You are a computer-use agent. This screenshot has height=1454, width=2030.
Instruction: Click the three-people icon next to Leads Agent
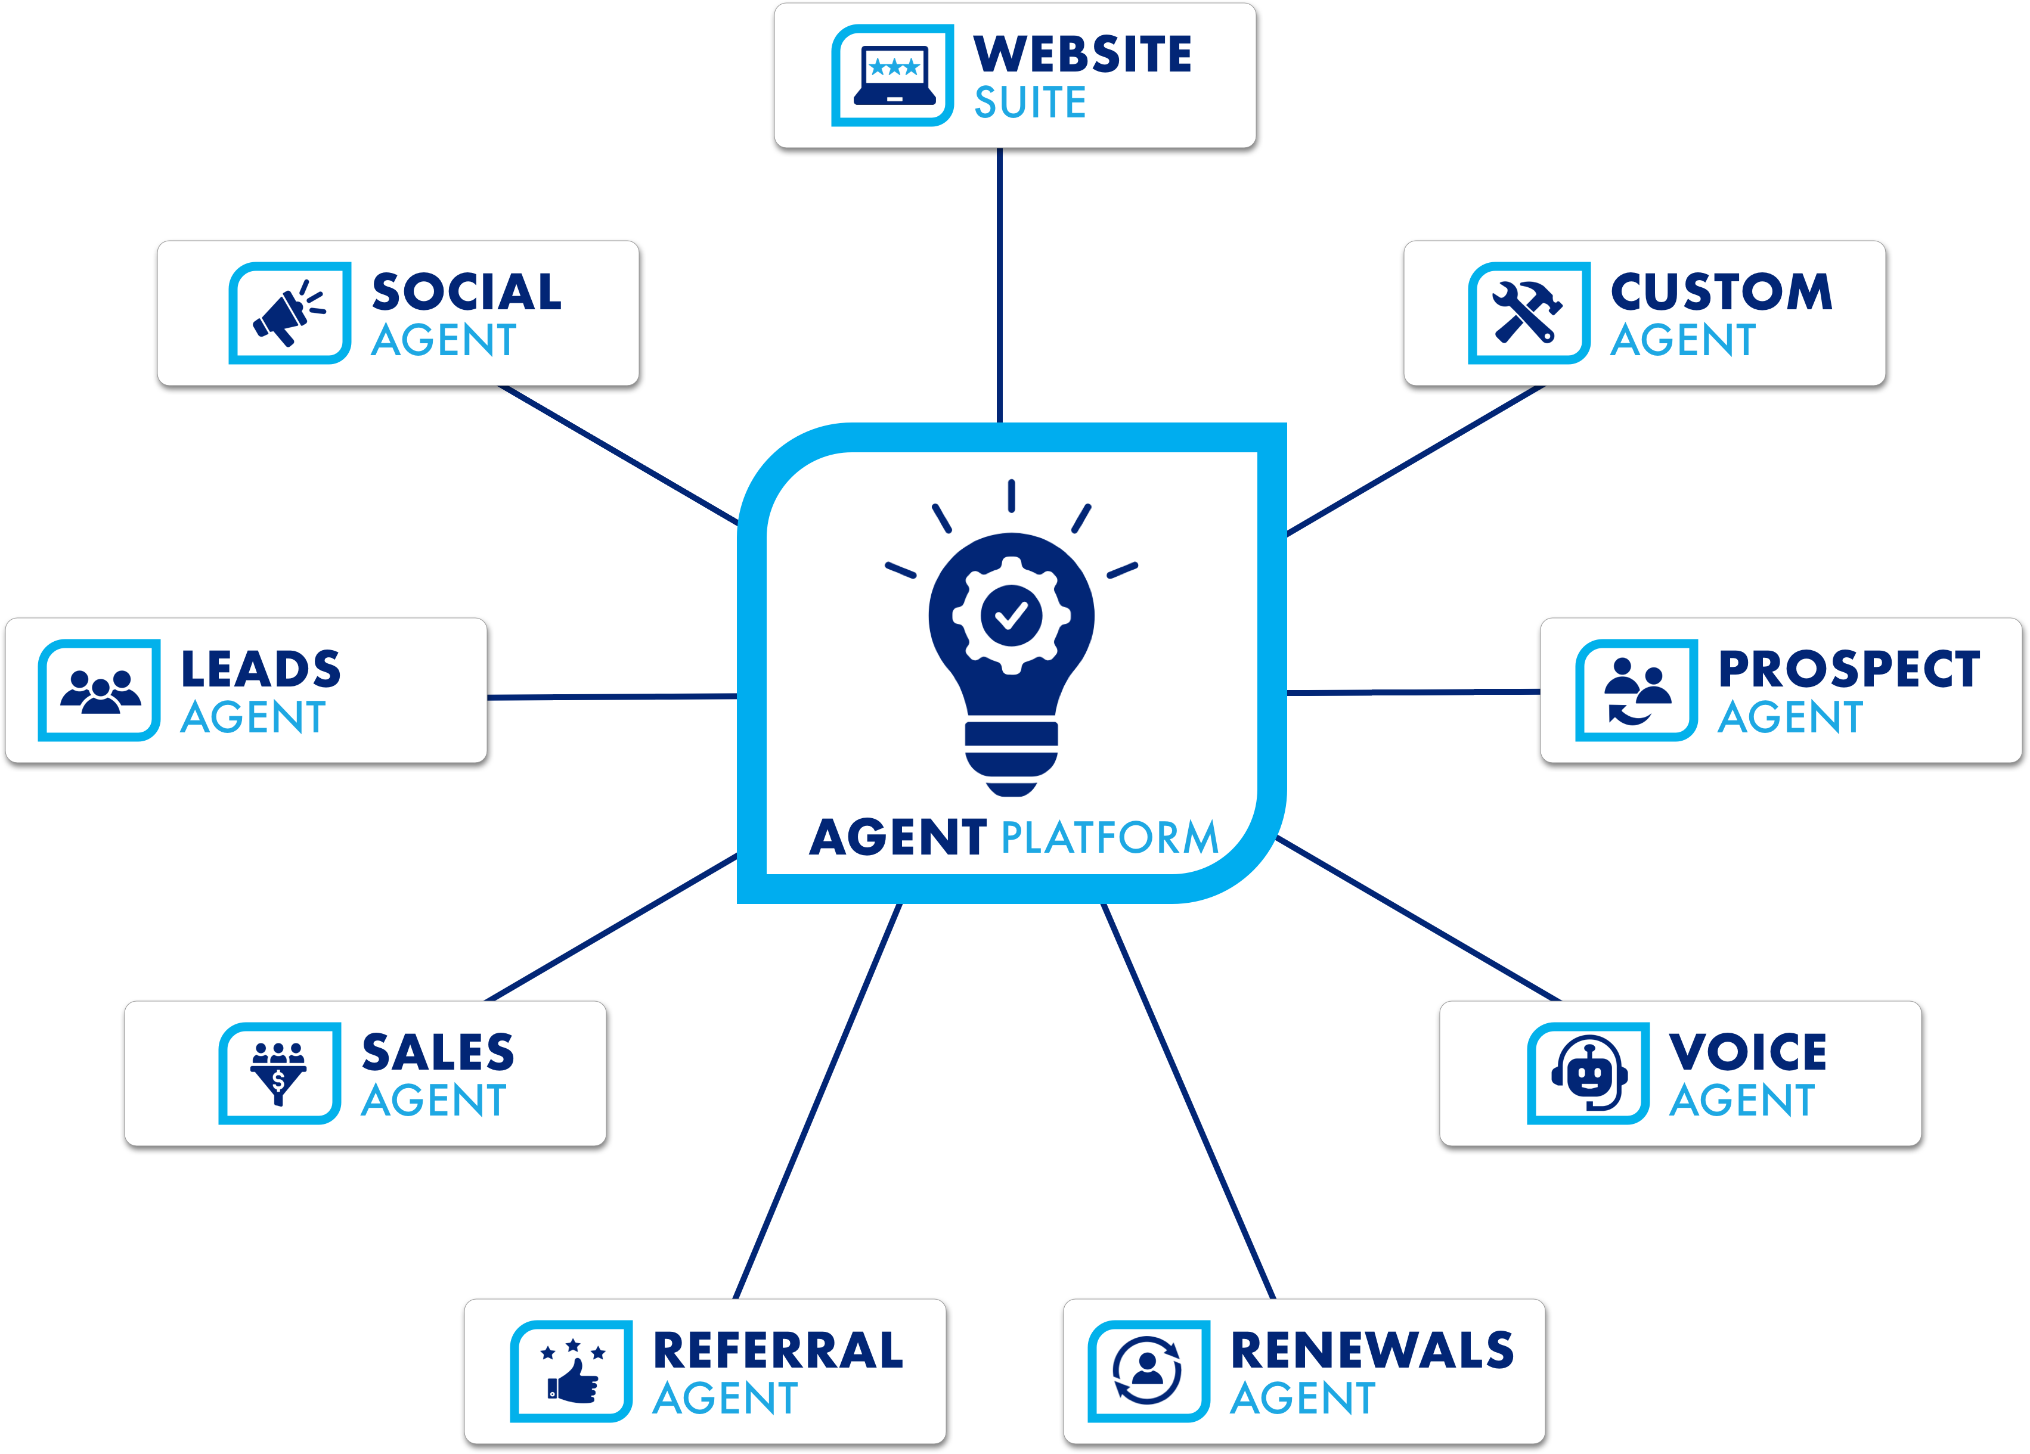100,691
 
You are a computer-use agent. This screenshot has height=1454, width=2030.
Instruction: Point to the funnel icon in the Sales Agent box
278,1073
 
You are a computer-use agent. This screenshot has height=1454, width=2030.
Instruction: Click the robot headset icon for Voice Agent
1589,1073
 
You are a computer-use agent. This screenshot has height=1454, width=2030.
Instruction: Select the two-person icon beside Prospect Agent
1636,691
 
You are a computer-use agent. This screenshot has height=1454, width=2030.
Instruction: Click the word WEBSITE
1082,55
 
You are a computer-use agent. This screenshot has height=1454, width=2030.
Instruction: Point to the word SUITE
1030,103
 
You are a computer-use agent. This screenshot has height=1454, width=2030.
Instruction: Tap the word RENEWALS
1372,1350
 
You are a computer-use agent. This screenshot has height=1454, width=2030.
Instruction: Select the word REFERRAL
778,1350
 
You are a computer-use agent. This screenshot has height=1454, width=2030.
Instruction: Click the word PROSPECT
1848,669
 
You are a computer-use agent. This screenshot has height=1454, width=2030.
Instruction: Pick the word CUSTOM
1721,292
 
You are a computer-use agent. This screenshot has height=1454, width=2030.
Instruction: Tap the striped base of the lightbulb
1011,757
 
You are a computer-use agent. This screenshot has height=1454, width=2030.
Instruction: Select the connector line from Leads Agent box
612,696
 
